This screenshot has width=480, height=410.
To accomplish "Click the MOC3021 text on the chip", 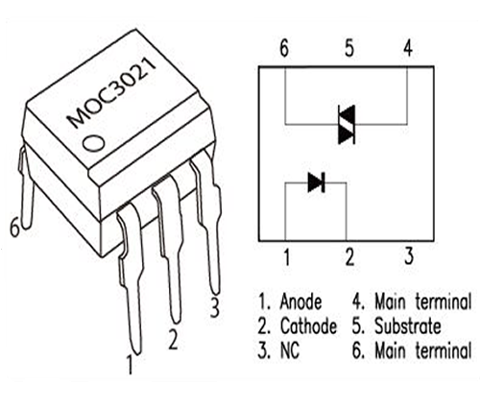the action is (x=112, y=92).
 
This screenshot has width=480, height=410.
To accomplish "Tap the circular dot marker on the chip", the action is (x=93, y=143).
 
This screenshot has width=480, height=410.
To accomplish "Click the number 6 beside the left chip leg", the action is (x=14, y=228).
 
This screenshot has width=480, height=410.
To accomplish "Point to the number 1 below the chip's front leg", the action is (x=130, y=364).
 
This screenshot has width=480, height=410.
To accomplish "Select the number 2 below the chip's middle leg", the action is (x=173, y=340).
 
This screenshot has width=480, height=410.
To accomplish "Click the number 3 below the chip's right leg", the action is (x=215, y=307).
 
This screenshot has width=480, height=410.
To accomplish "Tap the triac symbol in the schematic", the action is (x=347, y=124).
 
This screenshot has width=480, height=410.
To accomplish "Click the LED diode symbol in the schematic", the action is (x=316, y=182).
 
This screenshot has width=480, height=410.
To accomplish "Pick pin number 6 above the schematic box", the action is (x=284, y=48).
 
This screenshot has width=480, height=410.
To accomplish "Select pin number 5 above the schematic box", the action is (x=349, y=48).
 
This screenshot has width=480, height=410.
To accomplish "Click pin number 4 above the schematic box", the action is (x=408, y=48).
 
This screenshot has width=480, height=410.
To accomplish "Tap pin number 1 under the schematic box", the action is (x=287, y=257).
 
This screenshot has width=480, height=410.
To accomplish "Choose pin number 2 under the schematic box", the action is (x=349, y=257).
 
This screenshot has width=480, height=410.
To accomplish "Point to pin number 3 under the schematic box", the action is (x=409, y=255).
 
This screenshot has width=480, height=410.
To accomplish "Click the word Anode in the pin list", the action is (x=300, y=301).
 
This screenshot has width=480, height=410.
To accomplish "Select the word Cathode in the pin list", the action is (x=308, y=326).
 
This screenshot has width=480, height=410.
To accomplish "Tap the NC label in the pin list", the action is (x=290, y=350).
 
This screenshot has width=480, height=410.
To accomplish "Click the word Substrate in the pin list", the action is (x=408, y=326).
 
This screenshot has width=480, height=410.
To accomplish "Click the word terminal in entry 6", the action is (x=444, y=350).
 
